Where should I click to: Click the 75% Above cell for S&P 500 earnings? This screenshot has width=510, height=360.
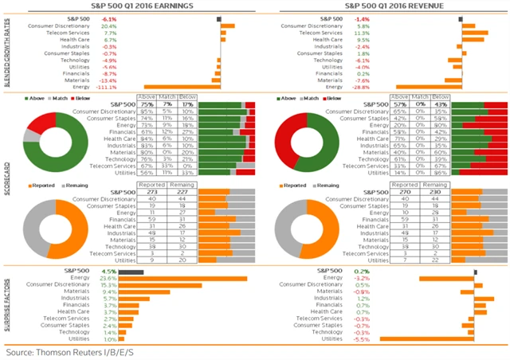click(x=147, y=104)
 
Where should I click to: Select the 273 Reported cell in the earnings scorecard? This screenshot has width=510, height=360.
click(x=147, y=191)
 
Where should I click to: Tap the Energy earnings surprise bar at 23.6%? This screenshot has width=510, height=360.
click(x=183, y=278)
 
